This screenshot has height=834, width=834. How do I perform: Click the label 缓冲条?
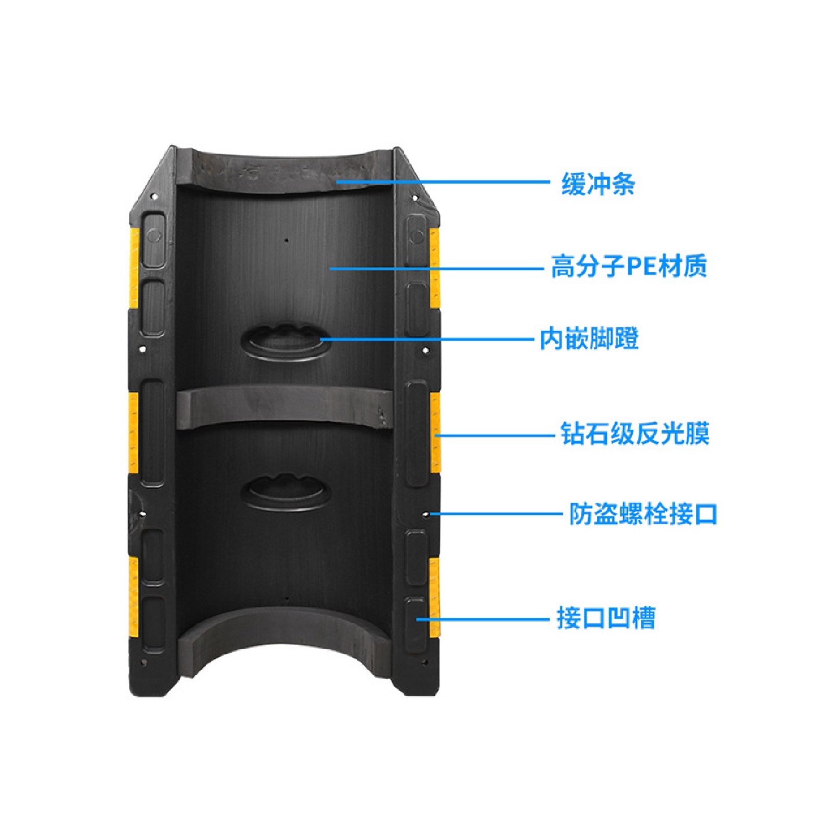tap(598, 184)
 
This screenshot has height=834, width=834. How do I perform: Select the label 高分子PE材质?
tap(628, 267)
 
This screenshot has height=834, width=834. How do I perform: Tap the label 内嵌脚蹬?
tap(589, 339)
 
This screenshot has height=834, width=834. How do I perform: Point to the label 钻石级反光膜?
tap(635, 434)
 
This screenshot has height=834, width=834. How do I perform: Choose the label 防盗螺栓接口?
tap(643, 514)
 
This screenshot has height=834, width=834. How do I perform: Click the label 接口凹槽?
tap(605, 618)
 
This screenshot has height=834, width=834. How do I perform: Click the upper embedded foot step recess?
tap(284, 342)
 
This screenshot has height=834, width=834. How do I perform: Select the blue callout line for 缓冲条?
tap(443, 182)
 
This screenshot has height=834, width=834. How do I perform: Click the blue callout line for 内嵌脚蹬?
tap(426, 339)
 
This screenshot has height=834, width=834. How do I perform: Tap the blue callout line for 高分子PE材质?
tap(437, 268)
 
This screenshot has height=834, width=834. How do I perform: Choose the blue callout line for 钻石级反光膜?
tap(495, 434)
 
